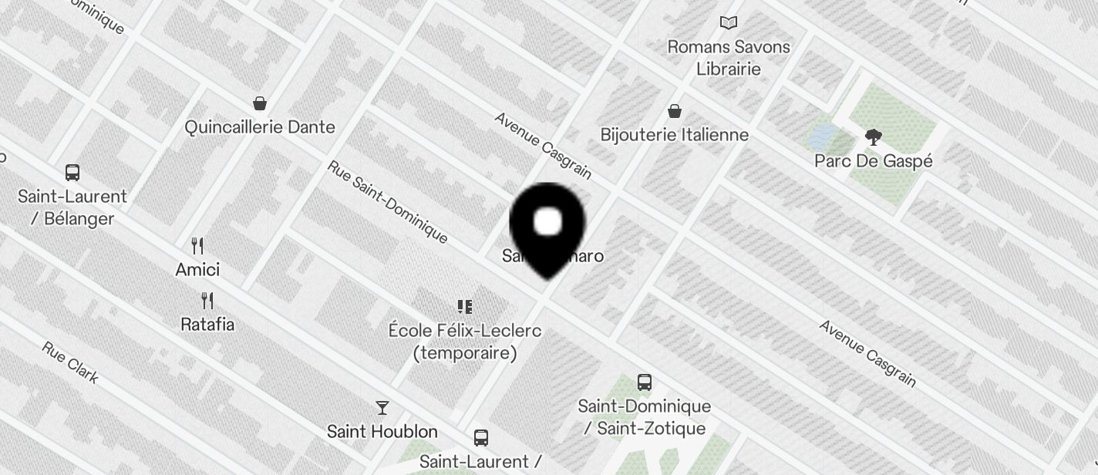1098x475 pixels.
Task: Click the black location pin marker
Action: click(x=547, y=227)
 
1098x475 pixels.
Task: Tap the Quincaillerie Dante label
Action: click(x=260, y=127)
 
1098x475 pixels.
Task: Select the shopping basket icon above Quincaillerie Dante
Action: click(x=260, y=103)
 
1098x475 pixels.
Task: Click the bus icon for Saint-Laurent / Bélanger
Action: click(x=72, y=173)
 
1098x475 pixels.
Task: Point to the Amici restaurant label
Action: click(x=197, y=270)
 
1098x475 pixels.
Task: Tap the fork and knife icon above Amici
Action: click(x=197, y=246)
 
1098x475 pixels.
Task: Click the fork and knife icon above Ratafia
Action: click(x=207, y=300)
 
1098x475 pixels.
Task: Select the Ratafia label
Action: click(x=207, y=325)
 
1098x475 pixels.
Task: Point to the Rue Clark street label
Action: click(x=70, y=362)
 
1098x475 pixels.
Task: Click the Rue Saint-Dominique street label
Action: click(x=387, y=201)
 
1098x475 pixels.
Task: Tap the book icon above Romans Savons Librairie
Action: click(x=729, y=23)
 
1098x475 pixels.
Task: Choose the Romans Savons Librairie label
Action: click(x=729, y=58)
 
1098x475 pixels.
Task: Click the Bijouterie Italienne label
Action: click(x=675, y=135)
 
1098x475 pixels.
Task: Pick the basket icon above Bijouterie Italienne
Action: click(x=675, y=112)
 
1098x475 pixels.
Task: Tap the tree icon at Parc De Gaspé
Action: click(x=874, y=138)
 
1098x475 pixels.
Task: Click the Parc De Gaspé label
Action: click(x=874, y=161)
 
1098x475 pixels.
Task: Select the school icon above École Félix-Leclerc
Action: click(x=464, y=307)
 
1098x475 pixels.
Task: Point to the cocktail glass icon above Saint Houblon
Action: click(x=382, y=407)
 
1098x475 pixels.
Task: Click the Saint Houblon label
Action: click(x=382, y=432)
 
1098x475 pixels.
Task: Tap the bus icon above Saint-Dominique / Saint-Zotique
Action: click(x=644, y=382)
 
